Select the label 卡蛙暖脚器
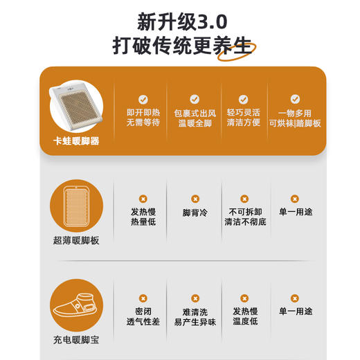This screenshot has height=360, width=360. (76, 141)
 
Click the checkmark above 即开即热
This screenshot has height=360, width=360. (143, 99)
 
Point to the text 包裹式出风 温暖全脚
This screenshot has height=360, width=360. (195, 118)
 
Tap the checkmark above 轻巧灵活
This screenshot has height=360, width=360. (243, 99)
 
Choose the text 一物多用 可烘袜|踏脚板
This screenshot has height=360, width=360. (296, 118)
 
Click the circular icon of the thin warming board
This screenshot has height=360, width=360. (76, 206)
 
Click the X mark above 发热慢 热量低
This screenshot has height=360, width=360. (143, 199)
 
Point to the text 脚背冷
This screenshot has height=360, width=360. (195, 213)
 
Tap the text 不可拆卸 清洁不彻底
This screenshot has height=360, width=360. (243, 218)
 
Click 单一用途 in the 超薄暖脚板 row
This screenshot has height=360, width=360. (294, 213)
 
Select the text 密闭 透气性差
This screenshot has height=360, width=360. (143, 316)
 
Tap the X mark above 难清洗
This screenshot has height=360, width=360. (195, 297)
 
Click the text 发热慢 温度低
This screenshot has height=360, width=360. (244, 316)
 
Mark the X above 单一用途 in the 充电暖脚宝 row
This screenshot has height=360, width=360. (294, 297)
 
